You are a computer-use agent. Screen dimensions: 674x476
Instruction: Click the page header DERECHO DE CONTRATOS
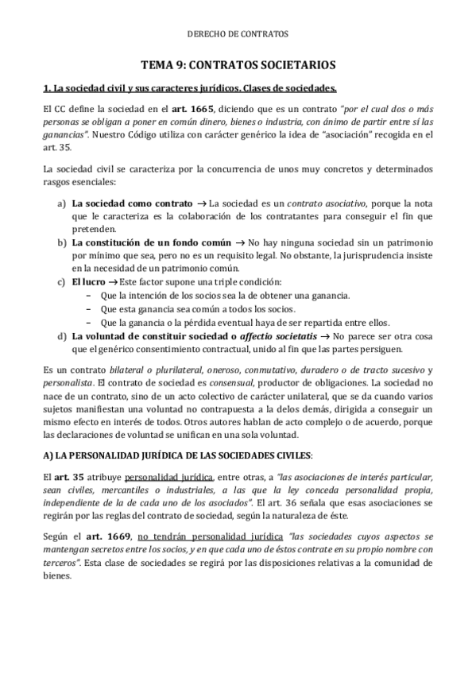238,34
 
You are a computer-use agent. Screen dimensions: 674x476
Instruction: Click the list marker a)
61,204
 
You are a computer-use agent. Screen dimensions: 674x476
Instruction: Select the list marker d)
61,336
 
